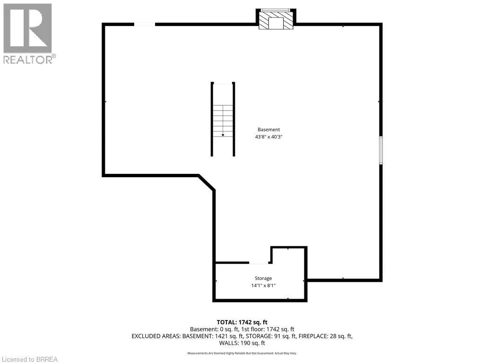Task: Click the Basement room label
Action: coord(268,130)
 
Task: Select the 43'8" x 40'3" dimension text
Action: coord(268,137)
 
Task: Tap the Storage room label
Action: coord(263,278)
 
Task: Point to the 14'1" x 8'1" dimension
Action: coord(263,285)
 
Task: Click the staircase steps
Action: coord(223,121)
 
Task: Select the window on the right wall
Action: coord(381,150)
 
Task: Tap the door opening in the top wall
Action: coord(145,25)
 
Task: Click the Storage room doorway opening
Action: coord(259,263)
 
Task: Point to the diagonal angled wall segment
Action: coord(207,182)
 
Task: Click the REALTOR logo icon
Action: coord(27,28)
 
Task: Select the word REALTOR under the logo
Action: coord(27,60)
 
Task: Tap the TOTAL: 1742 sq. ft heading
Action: coord(242,322)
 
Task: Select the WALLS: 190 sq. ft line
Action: coord(242,343)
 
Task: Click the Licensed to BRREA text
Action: coord(29,359)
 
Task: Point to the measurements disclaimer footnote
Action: coord(242,353)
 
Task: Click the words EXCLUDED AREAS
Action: coord(156,336)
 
